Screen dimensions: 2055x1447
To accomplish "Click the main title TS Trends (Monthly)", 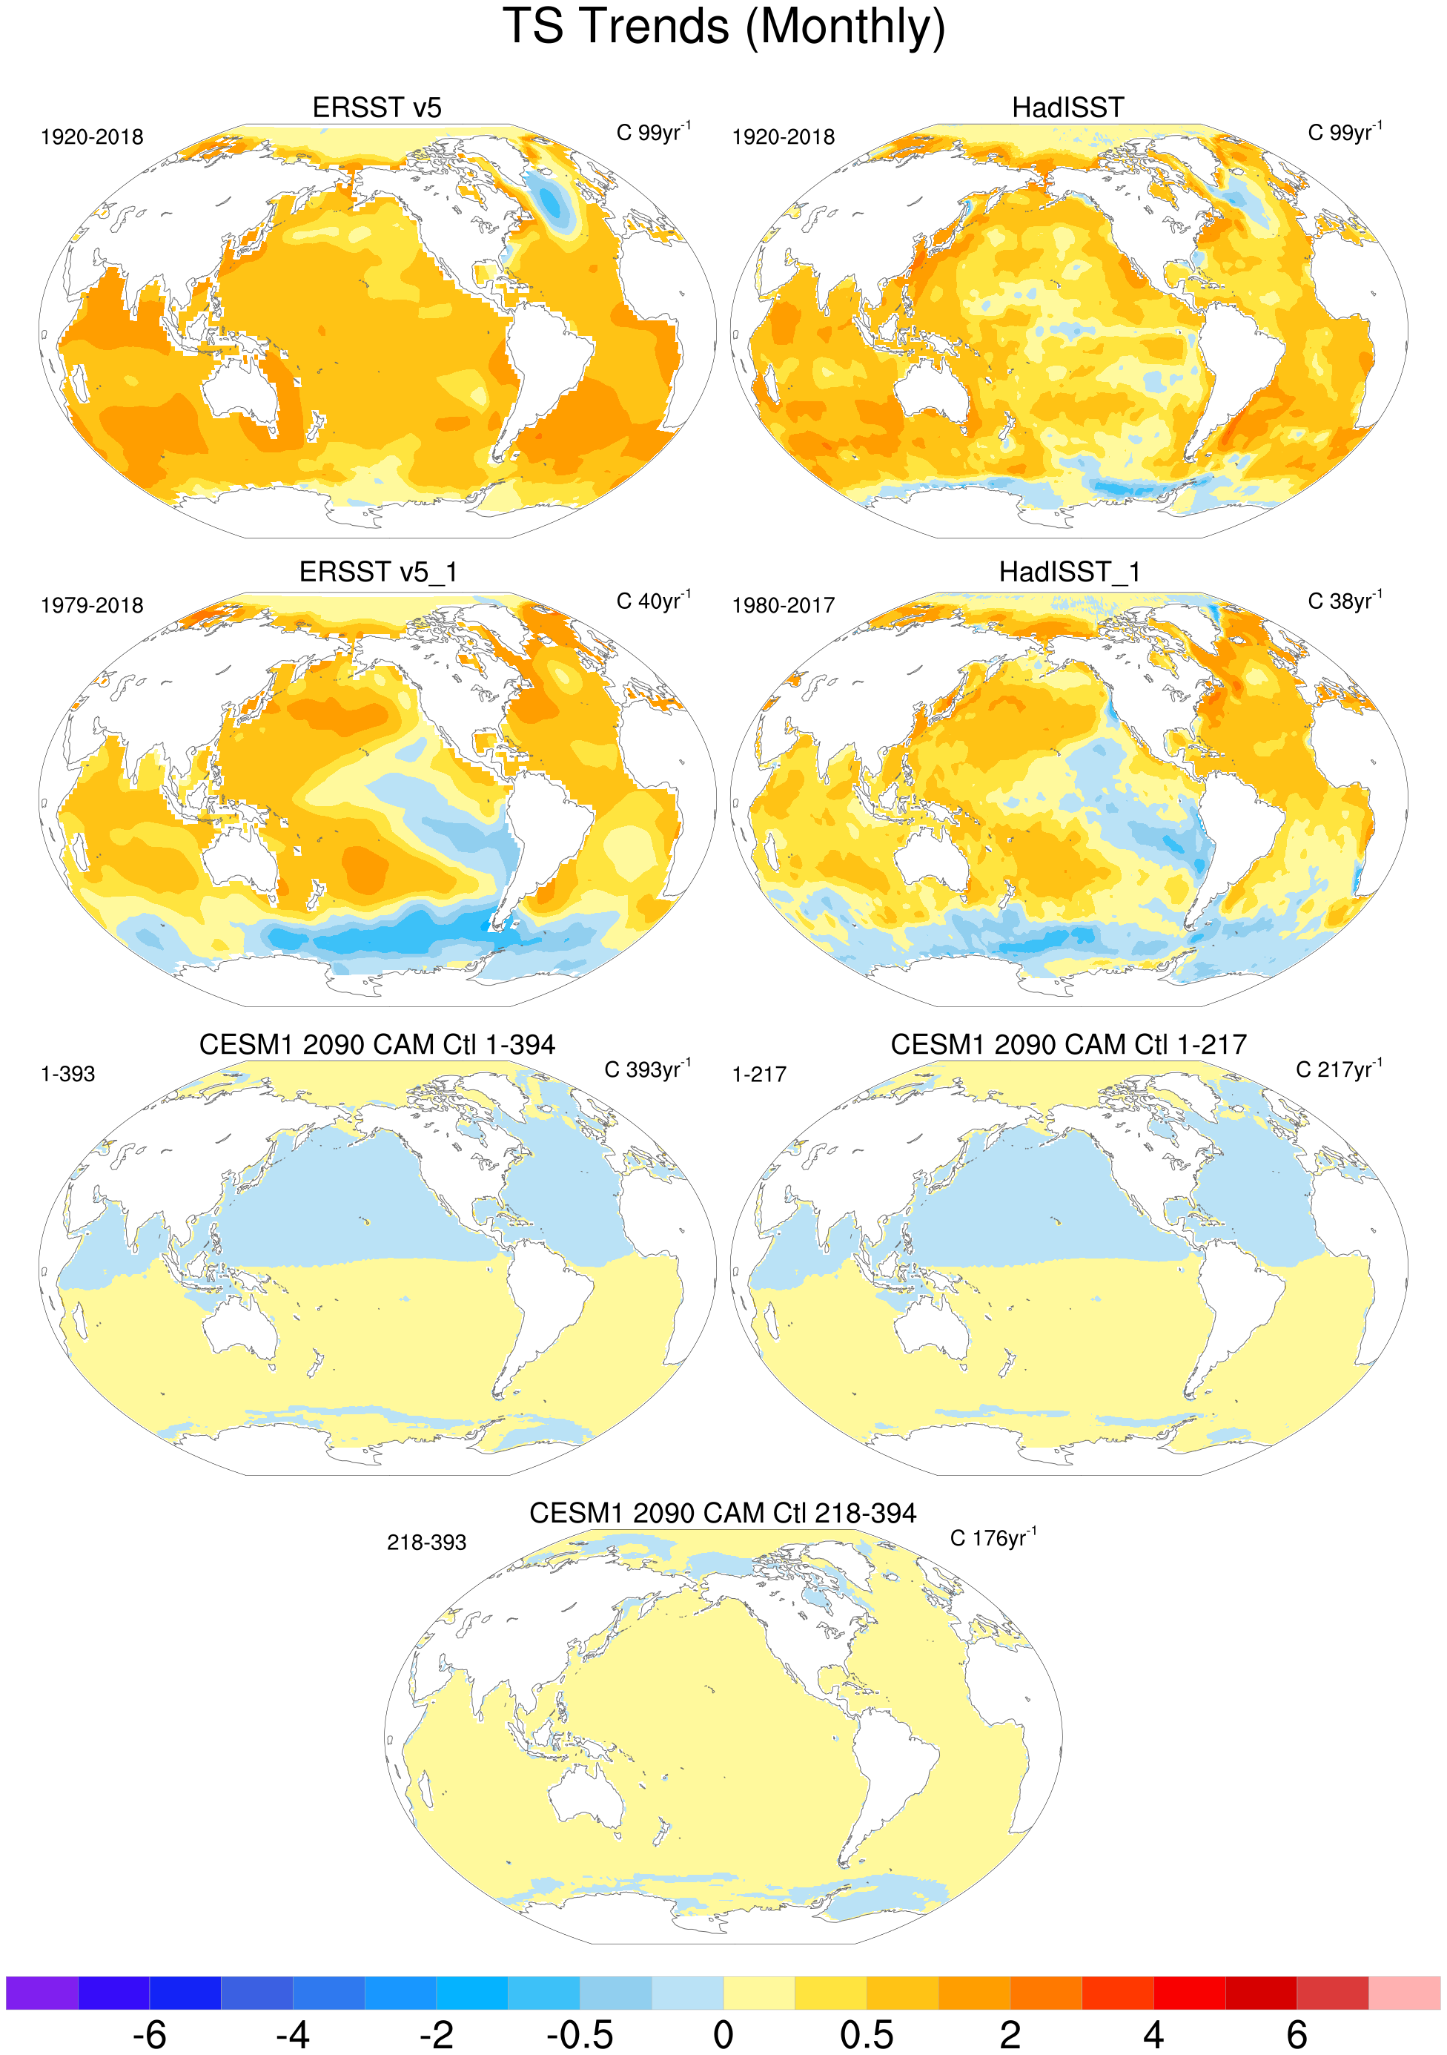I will click(723, 27).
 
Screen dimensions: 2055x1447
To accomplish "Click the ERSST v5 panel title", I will click(377, 108).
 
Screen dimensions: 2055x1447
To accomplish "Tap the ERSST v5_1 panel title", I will click(377, 572).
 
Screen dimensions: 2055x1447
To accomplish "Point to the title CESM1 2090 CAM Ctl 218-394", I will click(722, 1513).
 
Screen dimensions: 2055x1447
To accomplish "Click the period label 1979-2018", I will click(91, 606).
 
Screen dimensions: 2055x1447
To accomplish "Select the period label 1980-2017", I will click(783, 606).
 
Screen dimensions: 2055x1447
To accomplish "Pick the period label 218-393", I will click(426, 1542).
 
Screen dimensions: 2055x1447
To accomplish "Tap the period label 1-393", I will click(67, 1074).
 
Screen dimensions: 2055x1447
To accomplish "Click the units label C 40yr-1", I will click(653, 601).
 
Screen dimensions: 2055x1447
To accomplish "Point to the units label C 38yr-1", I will click(1344, 601).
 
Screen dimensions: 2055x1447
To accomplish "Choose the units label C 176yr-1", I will click(993, 1537).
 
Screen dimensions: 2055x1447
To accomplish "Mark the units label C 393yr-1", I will click(647, 1069).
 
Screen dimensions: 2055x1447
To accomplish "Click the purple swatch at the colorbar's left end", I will click(42, 1993).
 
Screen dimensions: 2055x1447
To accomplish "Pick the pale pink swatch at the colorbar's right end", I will click(1404, 1993).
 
